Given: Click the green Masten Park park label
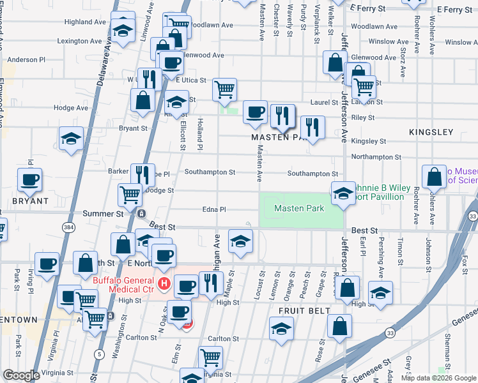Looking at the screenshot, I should pyautogui.click(x=299, y=209).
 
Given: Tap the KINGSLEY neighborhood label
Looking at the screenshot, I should pyautogui.click(x=431, y=132).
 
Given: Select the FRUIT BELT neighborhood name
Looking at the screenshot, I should pyautogui.click(x=304, y=311).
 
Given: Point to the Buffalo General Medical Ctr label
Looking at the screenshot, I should pyautogui.click(x=123, y=285).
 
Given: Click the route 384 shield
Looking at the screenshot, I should pyautogui.click(x=67, y=227).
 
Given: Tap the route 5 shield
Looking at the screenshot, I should pyautogui.click(x=98, y=354).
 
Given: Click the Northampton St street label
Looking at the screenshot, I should pyautogui.click(x=376, y=156).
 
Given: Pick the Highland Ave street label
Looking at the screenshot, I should pyautogui.click(x=85, y=22).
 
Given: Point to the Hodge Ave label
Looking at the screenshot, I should pyautogui.click(x=70, y=108).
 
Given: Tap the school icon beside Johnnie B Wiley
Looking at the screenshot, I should pyautogui.click(x=343, y=192).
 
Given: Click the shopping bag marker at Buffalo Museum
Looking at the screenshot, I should pyautogui.click(x=435, y=177).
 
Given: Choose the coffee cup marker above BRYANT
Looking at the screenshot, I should pyautogui.click(x=29, y=180).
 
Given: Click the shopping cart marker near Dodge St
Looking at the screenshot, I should pyautogui.click(x=130, y=195).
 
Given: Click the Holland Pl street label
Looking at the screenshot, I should pyautogui.click(x=200, y=134).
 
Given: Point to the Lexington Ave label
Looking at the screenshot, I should pyautogui.click(x=79, y=41).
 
